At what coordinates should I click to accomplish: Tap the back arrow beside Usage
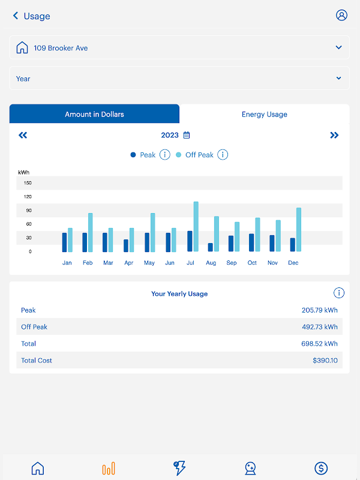click(16, 16)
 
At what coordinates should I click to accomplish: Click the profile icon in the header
click(341, 16)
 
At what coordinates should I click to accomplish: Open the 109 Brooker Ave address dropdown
click(179, 48)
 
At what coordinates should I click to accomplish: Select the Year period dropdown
click(179, 79)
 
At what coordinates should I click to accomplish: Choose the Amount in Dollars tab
click(94, 114)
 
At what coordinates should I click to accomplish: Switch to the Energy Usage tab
click(264, 114)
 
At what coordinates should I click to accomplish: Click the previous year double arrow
click(23, 135)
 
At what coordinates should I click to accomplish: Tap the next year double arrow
click(334, 135)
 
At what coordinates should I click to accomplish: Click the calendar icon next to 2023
click(187, 135)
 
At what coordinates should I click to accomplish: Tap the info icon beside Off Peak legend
click(223, 155)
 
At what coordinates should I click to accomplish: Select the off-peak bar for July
click(196, 227)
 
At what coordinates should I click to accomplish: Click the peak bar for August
click(210, 247)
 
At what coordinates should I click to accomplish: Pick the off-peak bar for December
click(298, 230)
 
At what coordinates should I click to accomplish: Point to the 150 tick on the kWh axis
click(28, 183)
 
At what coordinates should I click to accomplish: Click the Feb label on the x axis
click(88, 263)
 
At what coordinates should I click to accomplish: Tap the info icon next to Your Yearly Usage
click(339, 293)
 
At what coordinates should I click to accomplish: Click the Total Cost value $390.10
click(325, 361)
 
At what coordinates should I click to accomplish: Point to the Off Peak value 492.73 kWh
click(319, 327)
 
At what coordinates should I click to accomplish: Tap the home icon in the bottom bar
click(38, 469)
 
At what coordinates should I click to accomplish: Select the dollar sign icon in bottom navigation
click(321, 469)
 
